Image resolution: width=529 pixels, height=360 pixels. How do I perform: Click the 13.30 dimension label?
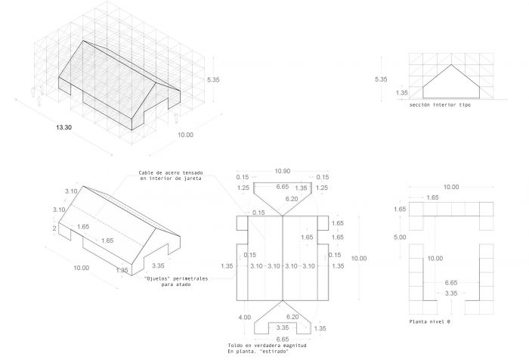click(x=63, y=127)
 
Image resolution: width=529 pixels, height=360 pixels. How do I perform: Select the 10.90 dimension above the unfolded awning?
click(x=283, y=171)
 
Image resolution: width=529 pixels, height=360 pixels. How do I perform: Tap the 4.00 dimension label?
click(x=245, y=317)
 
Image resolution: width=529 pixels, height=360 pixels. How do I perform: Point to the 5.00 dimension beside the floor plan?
click(x=400, y=237)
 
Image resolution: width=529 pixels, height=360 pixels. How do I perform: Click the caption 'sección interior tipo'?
click(x=440, y=105)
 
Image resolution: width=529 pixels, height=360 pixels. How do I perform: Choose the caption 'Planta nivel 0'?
click(x=429, y=321)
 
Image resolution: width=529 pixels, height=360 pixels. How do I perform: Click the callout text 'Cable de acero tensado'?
click(x=171, y=173)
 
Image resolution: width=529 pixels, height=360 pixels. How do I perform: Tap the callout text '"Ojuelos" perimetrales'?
click(x=176, y=279)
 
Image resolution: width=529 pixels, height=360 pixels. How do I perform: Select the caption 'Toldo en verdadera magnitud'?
click(x=268, y=346)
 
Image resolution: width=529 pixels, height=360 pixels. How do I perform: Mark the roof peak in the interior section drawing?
click(x=451, y=64)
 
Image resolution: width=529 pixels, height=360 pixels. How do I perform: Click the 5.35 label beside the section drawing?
click(x=381, y=79)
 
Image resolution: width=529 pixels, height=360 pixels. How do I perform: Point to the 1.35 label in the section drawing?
click(x=402, y=93)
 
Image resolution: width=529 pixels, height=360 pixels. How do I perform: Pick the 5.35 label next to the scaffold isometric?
click(x=213, y=79)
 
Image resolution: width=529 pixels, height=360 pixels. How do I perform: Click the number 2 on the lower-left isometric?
click(x=54, y=228)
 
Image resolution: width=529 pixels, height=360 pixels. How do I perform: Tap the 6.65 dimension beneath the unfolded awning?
click(x=283, y=339)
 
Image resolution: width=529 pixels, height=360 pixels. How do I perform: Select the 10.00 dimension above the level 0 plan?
click(x=451, y=187)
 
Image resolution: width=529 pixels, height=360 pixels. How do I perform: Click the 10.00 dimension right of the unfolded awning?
click(x=359, y=259)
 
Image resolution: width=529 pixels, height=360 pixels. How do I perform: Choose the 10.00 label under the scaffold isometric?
click(x=186, y=135)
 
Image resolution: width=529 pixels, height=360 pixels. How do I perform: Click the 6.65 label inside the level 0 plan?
click(x=451, y=283)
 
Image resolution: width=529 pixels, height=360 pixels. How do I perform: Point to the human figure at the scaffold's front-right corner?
click(x=176, y=118)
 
